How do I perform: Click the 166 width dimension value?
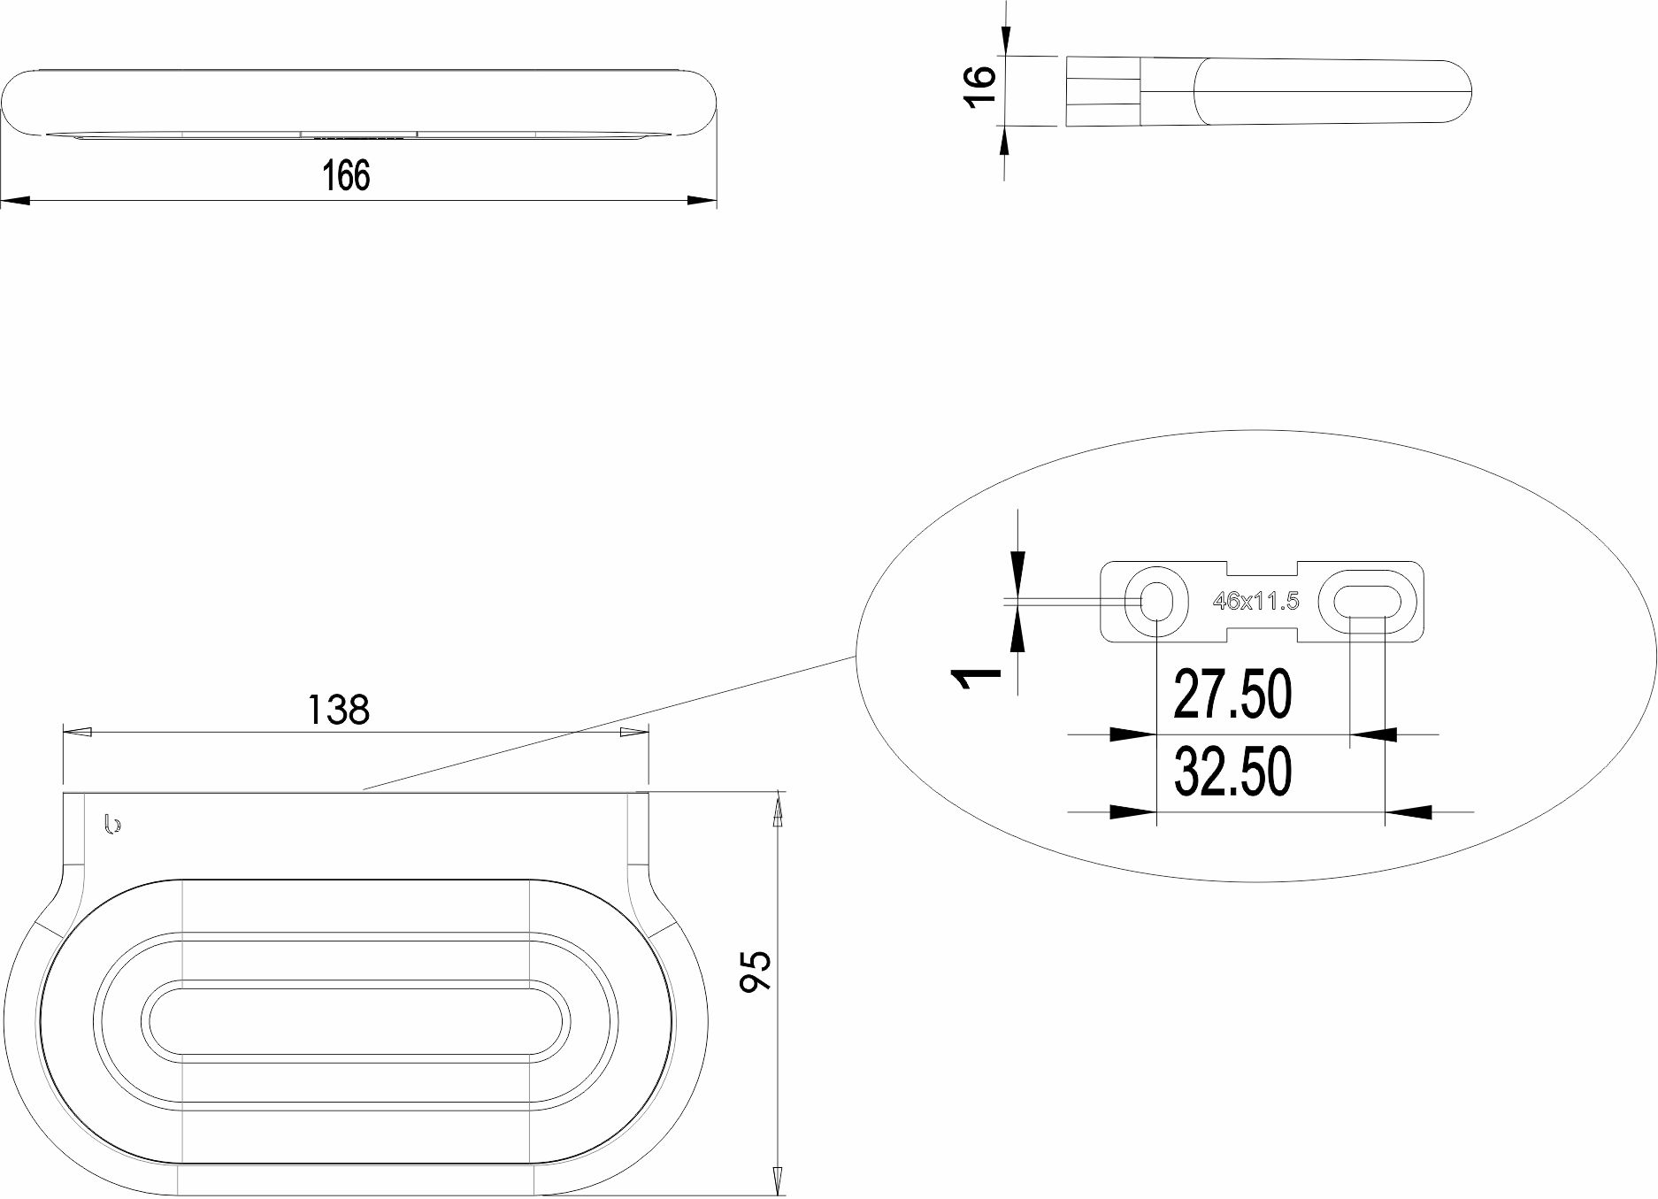tap(346, 175)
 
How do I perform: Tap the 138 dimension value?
tap(338, 709)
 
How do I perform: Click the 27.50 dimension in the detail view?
tap(1232, 694)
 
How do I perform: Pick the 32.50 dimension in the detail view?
tap(1232, 771)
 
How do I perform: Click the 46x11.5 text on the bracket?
tap(1255, 602)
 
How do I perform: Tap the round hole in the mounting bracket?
tap(1155, 602)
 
